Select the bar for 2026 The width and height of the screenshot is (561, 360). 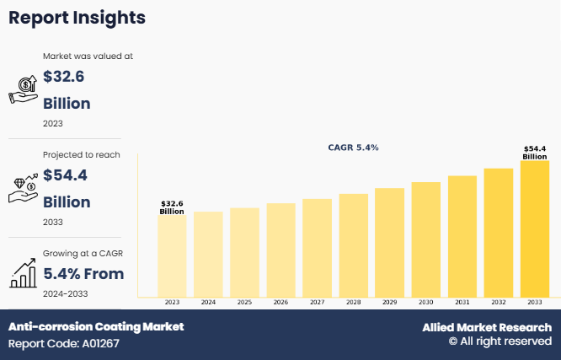[280, 250]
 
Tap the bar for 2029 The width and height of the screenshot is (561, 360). [390, 242]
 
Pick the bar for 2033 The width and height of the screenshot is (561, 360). [535, 228]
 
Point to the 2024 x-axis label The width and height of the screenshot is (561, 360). [208, 302]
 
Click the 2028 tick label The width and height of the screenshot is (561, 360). [353, 302]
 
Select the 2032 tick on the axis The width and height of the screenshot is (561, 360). [499, 302]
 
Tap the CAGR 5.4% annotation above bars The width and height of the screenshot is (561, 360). [353, 148]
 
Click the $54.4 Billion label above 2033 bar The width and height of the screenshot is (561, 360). [535, 153]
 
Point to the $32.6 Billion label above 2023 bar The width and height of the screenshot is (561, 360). [172, 207]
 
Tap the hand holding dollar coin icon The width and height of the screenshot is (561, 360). [22, 89]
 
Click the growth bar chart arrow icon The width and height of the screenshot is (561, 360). [22, 272]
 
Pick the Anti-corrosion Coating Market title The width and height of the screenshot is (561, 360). [96, 326]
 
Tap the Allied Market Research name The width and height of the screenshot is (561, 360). [487, 327]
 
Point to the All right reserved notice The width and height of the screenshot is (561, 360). [500, 342]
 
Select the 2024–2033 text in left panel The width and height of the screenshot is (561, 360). [65, 293]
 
